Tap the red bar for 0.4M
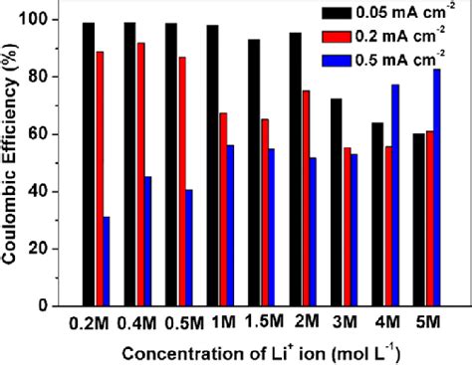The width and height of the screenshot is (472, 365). (139, 174)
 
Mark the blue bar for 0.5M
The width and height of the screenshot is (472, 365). (188, 248)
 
